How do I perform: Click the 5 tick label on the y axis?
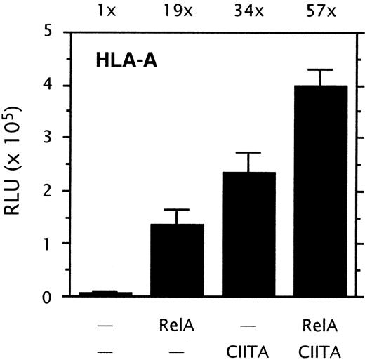pos(47,32)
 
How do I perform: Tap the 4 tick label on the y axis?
pos(47,86)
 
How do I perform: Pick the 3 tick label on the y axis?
pos(47,138)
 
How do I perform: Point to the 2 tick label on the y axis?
pos(47,191)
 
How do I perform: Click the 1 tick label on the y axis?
pos(47,244)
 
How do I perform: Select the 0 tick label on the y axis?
pos(47,297)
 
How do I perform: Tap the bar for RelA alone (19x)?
pos(178,260)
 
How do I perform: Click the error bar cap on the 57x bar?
pos(319,69)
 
